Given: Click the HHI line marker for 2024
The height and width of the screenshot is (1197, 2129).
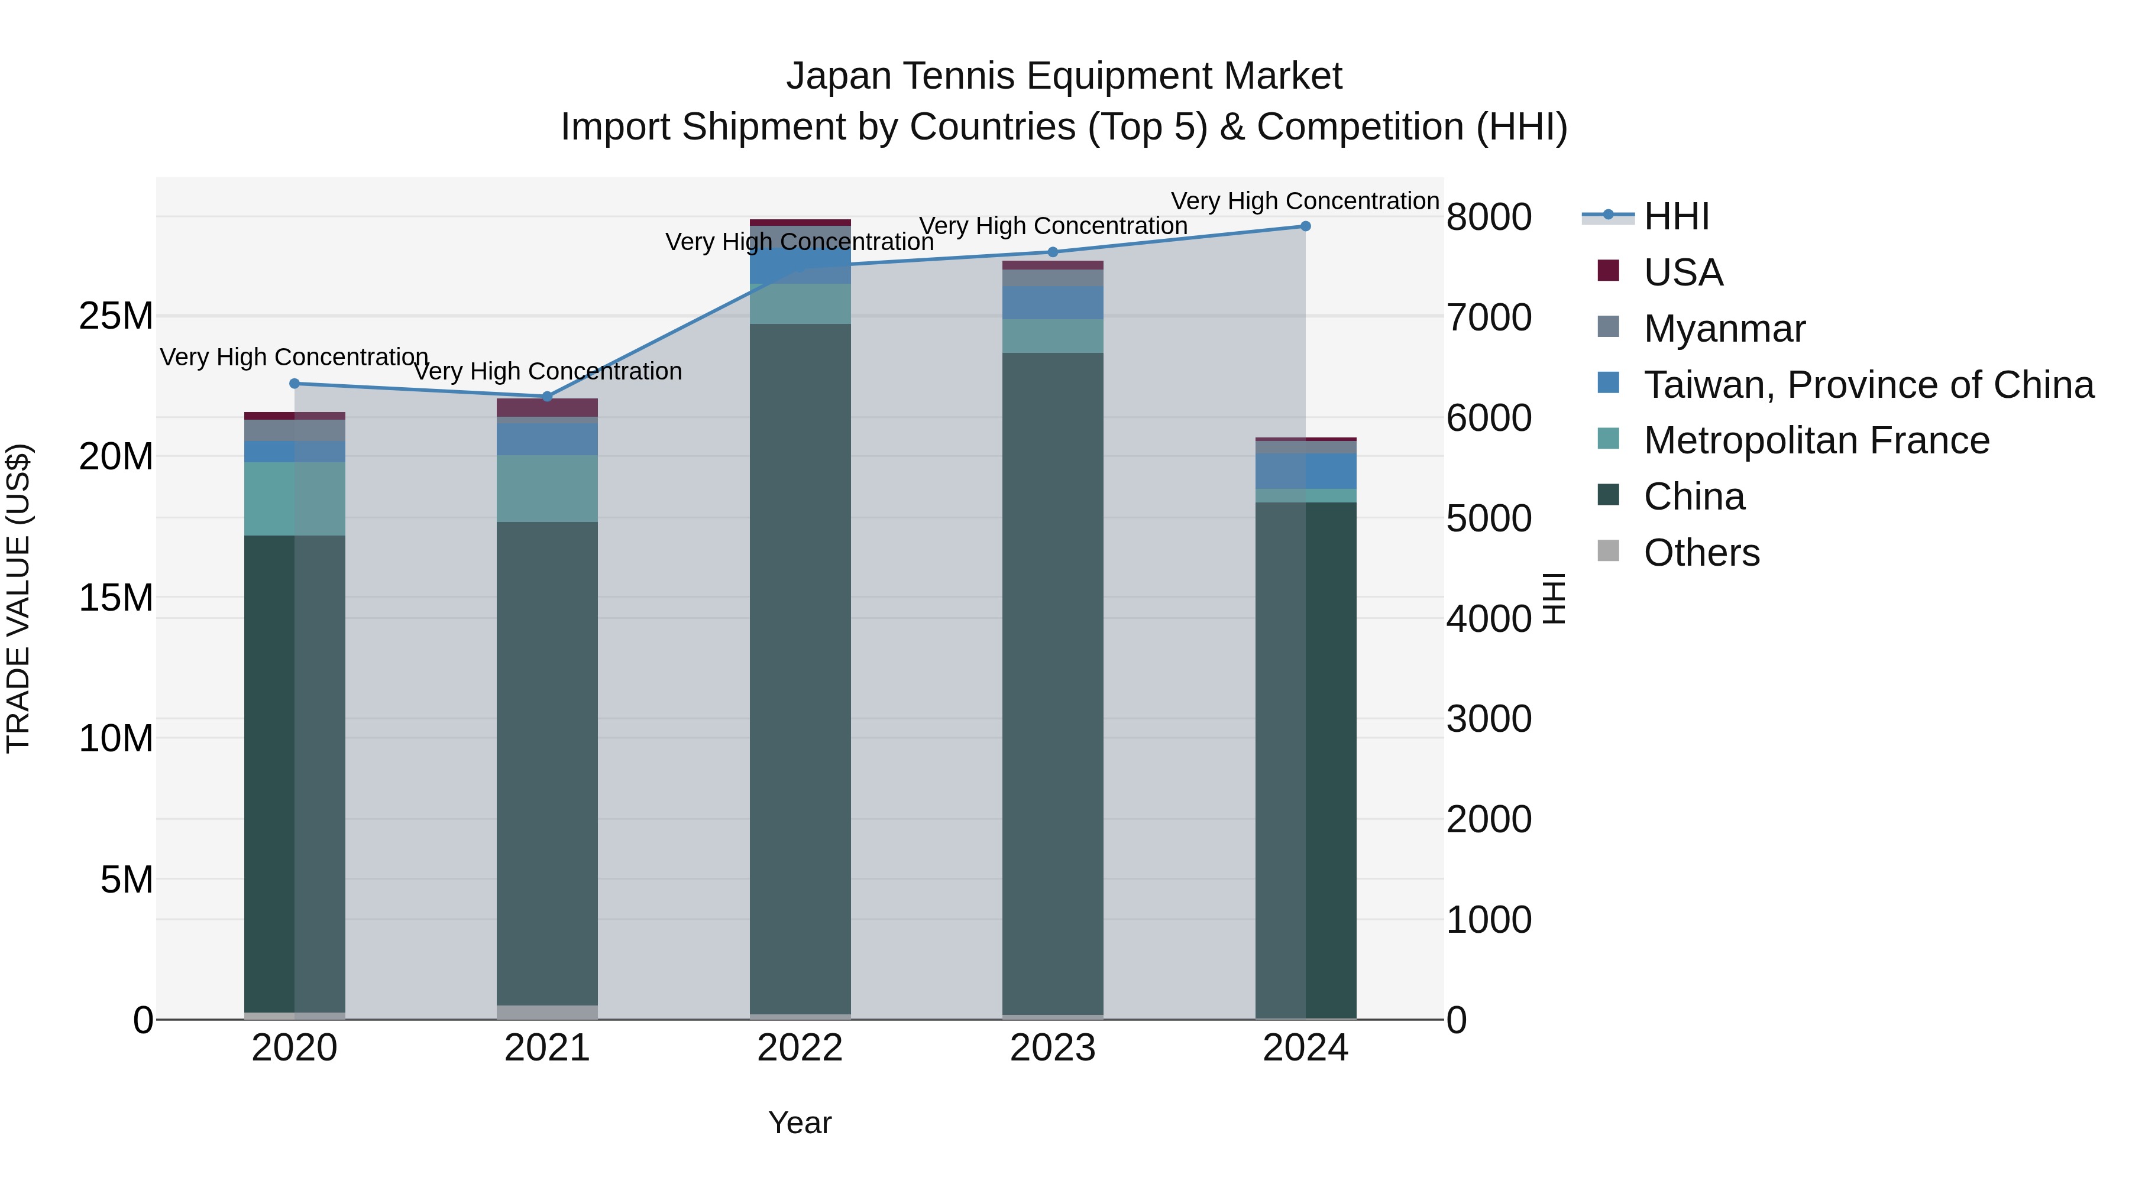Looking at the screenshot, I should point(1305,226).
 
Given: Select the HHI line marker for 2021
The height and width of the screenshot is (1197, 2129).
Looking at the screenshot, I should point(547,397).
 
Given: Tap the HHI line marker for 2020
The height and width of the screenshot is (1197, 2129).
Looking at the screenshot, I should point(295,383).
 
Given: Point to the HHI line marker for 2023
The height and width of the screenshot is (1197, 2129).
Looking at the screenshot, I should point(1052,252).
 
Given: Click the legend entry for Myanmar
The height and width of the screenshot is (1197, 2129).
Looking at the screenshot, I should point(1724,329).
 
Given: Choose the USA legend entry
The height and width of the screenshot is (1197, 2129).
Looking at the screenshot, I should point(1683,273).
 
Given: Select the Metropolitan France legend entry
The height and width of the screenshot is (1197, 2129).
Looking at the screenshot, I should point(1816,440).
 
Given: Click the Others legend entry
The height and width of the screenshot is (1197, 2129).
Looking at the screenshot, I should point(1701,553).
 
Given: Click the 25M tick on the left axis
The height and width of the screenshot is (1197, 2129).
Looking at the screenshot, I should point(117,316).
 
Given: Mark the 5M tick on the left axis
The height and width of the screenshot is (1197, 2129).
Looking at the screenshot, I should point(127,880).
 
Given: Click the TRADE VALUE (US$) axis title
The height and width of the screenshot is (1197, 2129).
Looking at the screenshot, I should point(18,598).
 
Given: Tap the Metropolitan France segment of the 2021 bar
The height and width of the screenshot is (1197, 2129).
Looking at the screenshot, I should point(547,488).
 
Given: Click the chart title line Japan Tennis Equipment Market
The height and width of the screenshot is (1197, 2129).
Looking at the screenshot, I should point(1064,76).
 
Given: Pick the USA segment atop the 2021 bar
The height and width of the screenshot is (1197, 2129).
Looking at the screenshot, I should point(547,407).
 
